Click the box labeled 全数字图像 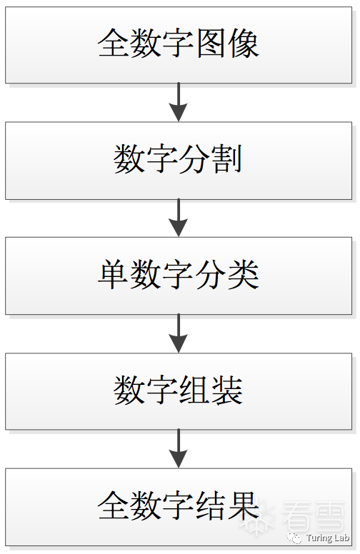179,45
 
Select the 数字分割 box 179,161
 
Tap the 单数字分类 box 179,276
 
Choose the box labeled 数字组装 179,391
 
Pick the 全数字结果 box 179,507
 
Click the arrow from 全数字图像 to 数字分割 179,103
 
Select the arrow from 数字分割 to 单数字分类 179,218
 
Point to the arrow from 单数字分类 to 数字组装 179,333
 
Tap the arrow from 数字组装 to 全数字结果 179,449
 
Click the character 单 113,274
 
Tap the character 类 244,274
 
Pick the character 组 194,390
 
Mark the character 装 227,390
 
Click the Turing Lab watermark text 328,538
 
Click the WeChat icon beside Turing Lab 294,538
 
